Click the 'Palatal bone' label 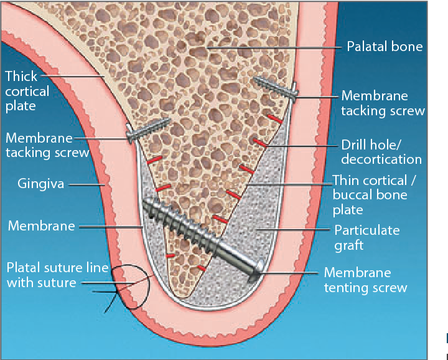click(x=385, y=47)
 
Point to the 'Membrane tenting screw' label click(x=365, y=280)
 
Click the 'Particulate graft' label click(x=367, y=237)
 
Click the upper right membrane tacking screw click(x=277, y=87)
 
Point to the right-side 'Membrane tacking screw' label click(x=383, y=103)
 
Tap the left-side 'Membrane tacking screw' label click(x=47, y=144)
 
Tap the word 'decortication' click(x=381, y=159)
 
